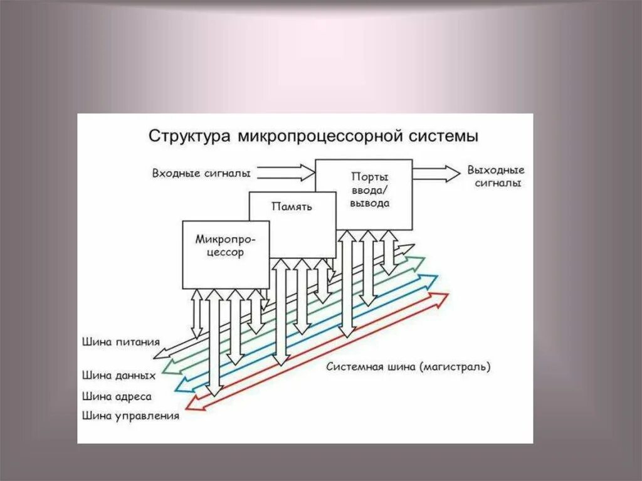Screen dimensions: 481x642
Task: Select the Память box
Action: [292, 216]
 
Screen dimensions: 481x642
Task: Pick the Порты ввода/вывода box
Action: [369, 191]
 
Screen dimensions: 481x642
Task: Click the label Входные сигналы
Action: [201, 172]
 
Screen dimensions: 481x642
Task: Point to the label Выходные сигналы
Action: [496, 176]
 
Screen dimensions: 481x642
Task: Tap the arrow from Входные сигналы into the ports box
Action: [286, 172]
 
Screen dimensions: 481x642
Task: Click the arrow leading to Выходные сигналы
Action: [436, 173]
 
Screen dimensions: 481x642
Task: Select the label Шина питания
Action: [120, 342]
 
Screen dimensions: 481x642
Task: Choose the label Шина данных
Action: [118, 376]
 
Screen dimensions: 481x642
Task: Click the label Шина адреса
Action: [117, 396]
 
